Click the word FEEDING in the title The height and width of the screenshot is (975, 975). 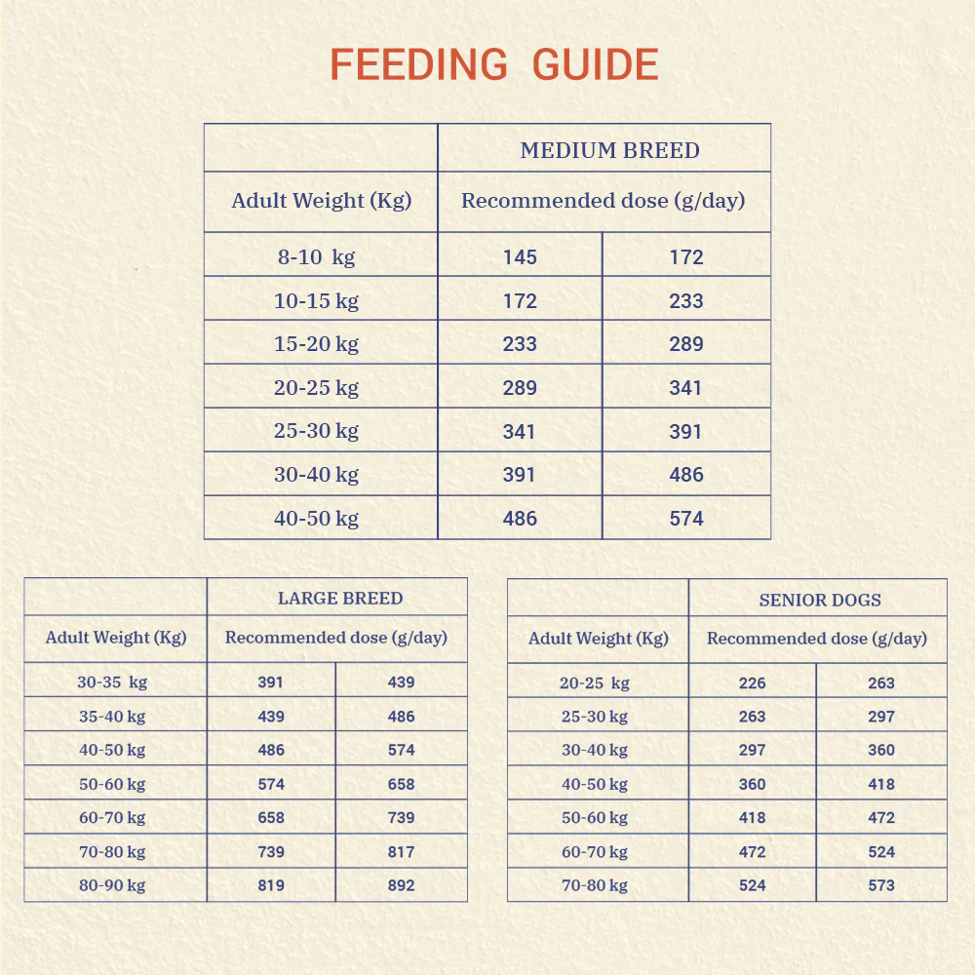(x=418, y=64)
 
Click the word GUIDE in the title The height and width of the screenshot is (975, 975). (x=596, y=64)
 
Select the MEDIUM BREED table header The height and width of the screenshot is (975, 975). (x=610, y=150)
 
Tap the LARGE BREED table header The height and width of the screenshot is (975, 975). (x=340, y=599)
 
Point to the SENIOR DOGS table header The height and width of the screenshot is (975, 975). (x=820, y=600)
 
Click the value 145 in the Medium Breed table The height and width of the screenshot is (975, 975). (x=520, y=257)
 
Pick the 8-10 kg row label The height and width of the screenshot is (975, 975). (x=317, y=257)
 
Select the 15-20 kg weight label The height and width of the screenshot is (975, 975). (x=317, y=344)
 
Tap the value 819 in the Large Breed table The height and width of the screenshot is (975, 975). (x=271, y=885)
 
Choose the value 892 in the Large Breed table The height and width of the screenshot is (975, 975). (x=401, y=885)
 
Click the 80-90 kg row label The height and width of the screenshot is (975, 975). (x=112, y=885)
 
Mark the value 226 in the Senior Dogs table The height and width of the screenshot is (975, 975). (x=753, y=683)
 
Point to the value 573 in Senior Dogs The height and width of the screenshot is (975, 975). (x=881, y=885)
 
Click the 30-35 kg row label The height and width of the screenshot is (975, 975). (x=112, y=682)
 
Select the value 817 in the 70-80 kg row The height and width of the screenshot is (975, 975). (x=401, y=852)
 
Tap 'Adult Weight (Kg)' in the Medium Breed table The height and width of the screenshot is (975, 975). (x=322, y=201)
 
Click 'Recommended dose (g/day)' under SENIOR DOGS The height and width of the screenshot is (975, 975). (x=817, y=639)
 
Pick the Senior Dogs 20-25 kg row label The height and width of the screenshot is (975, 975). (x=595, y=683)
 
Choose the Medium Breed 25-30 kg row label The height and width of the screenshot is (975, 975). (x=317, y=431)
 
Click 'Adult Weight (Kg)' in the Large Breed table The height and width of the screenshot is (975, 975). (x=116, y=638)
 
